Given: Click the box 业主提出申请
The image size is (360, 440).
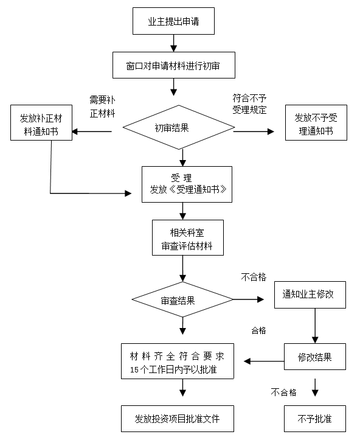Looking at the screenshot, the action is click(x=173, y=21).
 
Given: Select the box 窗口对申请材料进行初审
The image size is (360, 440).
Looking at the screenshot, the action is click(x=174, y=65).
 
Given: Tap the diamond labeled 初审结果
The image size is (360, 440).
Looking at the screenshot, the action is click(x=179, y=127).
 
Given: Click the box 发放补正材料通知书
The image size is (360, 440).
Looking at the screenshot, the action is click(x=41, y=122).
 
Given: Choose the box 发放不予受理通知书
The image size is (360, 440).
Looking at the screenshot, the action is click(x=316, y=122).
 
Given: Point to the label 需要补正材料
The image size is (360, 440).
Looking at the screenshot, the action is click(x=102, y=107).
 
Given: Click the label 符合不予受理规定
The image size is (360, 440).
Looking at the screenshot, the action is click(x=249, y=104).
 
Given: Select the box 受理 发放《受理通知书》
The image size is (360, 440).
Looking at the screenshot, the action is click(x=187, y=184).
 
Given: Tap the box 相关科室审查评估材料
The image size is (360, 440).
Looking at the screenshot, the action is click(x=188, y=238).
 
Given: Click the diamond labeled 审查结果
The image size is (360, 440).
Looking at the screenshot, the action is click(x=182, y=299).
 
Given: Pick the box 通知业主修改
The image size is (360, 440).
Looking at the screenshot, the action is click(x=310, y=295).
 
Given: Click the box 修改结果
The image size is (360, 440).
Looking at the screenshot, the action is click(x=315, y=357).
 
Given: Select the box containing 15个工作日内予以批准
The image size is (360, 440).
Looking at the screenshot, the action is click(x=178, y=361).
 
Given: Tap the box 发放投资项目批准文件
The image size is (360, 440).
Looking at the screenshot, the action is click(x=178, y=419).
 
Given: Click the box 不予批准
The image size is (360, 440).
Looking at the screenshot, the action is click(x=315, y=419).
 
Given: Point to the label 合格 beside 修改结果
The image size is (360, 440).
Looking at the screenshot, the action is click(x=258, y=330).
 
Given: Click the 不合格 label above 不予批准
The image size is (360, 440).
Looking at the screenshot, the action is click(x=283, y=393).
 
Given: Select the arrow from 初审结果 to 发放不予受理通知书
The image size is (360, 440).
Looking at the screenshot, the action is click(x=254, y=131).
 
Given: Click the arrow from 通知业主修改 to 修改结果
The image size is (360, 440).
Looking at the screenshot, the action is click(x=315, y=326).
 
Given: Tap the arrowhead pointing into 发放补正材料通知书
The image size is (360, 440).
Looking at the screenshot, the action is click(x=75, y=131).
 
